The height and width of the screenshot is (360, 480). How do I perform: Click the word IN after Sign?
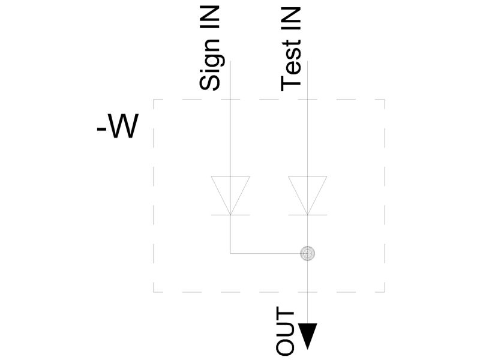coord(210,18)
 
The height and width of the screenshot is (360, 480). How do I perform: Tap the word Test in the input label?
coord(291,66)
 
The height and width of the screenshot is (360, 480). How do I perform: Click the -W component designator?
coord(118,126)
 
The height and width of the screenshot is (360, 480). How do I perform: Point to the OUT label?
coord(285,331)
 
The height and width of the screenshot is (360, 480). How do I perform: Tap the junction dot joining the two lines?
coord(307,253)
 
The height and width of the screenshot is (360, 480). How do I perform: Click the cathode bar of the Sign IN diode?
coord(230,215)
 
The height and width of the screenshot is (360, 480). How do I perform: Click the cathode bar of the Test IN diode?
coord(308,215)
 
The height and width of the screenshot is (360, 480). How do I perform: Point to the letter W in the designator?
coord(123,126)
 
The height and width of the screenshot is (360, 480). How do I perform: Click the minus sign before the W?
coord(101,129)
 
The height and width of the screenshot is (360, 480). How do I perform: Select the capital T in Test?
coord(291,83)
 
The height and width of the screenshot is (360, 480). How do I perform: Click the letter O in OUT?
coord(285,347)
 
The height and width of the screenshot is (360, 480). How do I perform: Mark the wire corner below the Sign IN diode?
coord(230,253)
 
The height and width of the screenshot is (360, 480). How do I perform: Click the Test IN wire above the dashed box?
coord(308,80)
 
